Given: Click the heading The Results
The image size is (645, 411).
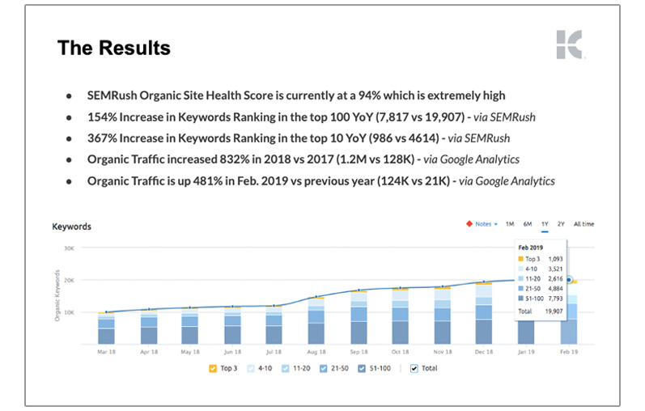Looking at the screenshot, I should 113,48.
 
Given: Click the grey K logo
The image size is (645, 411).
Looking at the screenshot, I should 568,44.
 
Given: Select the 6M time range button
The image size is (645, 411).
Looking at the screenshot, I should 527,224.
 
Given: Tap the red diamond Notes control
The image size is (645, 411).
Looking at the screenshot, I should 481,224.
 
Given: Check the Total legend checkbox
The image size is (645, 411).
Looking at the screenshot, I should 414,369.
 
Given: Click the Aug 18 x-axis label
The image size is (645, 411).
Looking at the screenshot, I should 318,353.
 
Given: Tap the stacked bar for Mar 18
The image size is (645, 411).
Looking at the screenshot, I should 106,328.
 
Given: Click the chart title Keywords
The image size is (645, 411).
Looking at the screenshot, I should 71,227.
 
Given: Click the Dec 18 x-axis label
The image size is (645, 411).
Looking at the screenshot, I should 483,353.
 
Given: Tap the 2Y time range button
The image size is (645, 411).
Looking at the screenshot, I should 561,224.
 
